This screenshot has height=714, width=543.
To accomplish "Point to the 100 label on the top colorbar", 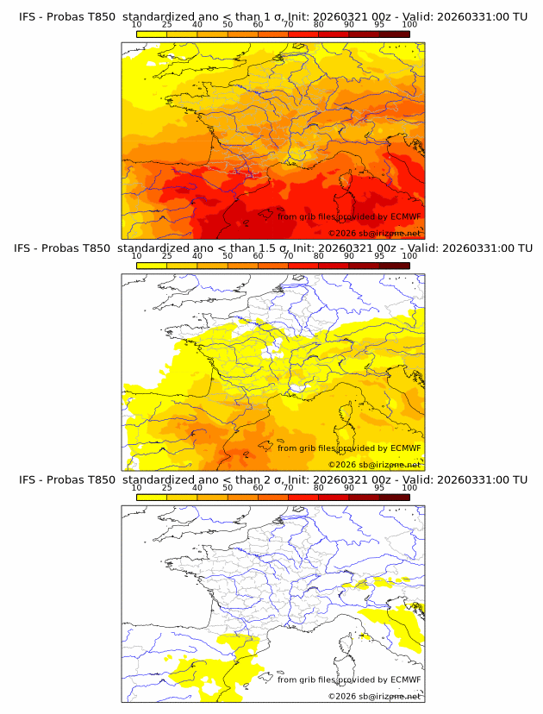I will pyautogui.click(x=409, y=25).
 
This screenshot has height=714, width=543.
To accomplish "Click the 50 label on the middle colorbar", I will pyautogui.click(x=228, y=256).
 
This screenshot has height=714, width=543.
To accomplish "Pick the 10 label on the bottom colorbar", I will pyautogui.click(x=137, y=487).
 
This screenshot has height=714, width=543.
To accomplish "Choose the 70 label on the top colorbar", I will pyautogui.click(x=288, y=25).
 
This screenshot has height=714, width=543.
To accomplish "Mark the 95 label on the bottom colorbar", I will pyautogui.click(x=379, y=487).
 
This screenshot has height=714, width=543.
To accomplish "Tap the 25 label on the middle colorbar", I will pyautogui.click(x=167, y=256).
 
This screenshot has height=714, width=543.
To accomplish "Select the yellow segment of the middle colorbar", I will pyautogui.click(x=152, y=265).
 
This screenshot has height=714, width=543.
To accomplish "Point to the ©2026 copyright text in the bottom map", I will pyautogui.click(x=374, y=696).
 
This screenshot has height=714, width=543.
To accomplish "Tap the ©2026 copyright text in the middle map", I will pyautogui.click(x=374, y=465).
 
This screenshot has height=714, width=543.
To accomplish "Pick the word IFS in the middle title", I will pyautogui.click(x=28, y=248).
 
